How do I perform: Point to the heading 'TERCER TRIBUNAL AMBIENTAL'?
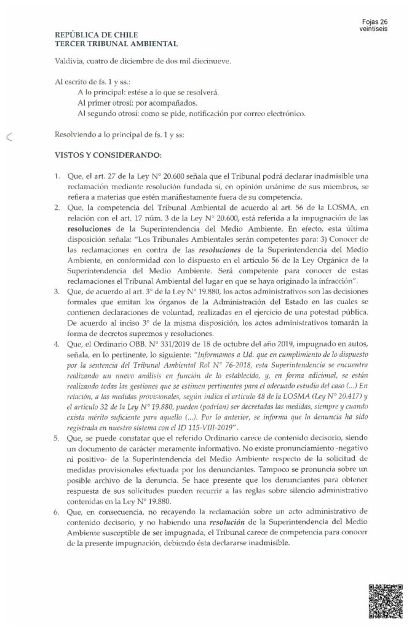116,44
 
